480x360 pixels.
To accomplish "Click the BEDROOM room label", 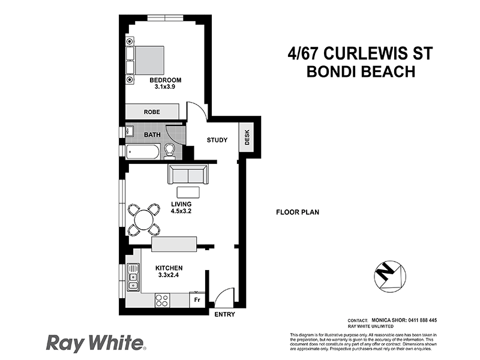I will [x=165, y=80].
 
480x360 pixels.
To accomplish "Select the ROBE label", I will [x=151, y=112].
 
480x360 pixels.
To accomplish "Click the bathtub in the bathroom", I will [x=143, y=151].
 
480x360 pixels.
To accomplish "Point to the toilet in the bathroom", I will [x=170, y=150].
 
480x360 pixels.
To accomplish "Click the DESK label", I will [x=247, y=139].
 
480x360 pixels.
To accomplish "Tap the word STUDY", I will [x=217, y=140].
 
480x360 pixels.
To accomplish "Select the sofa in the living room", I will [x=188, y=175].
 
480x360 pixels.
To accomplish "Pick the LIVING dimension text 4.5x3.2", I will [x=181, y=212].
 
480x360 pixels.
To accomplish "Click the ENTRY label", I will [x=224, y=314].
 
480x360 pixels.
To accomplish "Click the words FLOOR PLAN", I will [x=297, y=212].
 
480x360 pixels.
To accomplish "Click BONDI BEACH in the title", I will [x=362, y=71].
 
